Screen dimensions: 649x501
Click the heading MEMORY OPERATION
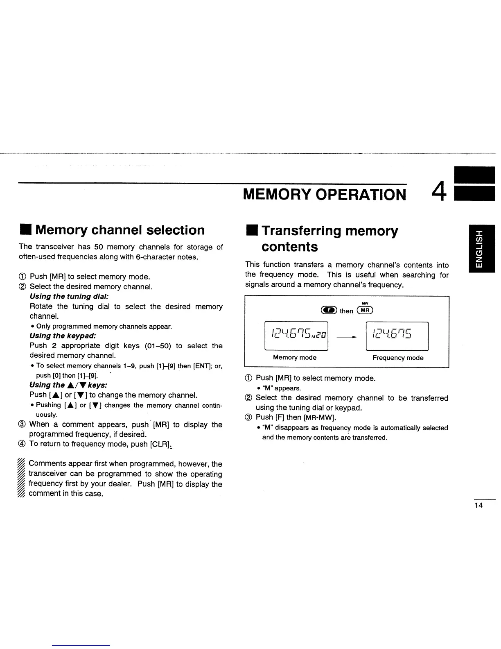coord(325,194)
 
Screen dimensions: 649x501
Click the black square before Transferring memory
coord(250,231)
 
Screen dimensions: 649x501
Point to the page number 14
coord(478,505)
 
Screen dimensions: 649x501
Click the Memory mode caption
coord(295,358)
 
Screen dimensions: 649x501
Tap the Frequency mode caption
coord(398,358)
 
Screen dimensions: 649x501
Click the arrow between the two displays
coord(347,337)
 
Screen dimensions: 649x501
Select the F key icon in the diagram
coord(329,311)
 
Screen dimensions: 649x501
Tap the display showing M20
coord(296,336)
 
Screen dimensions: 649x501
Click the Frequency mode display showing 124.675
coord(397,336)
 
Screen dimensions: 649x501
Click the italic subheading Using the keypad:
coord(63,336)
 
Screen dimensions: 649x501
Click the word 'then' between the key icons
coord(346,311)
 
